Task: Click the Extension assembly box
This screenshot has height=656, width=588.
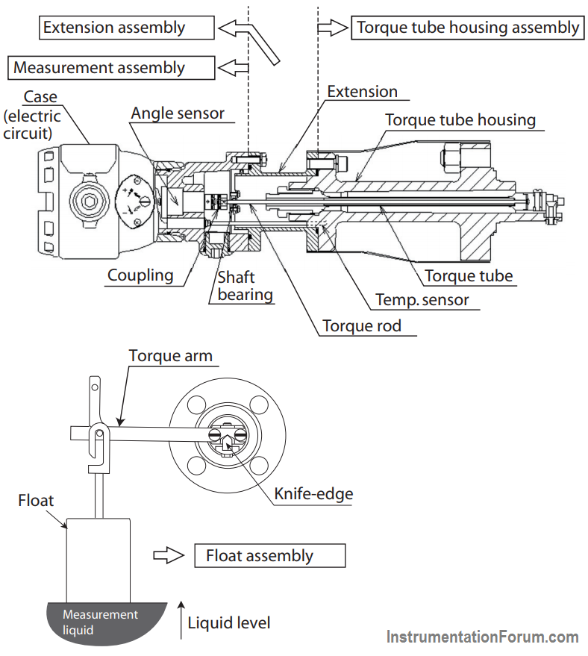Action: [127, 28]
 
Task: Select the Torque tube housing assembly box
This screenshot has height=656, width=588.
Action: [468, 28]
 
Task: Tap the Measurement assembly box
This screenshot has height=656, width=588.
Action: [111, 68]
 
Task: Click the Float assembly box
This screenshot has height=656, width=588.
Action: [270, 555]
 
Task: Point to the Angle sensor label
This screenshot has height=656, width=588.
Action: [178, 113]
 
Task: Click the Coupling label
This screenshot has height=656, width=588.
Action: [140, 275]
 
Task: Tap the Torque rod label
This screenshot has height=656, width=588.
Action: [362, 326]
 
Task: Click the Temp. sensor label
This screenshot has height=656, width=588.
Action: [422, 300]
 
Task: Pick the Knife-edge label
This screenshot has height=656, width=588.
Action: [313, 493]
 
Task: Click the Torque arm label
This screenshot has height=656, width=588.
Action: [171, 355]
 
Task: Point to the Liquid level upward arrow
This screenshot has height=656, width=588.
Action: [181, 620]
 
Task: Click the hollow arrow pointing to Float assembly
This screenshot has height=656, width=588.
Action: [169, 555]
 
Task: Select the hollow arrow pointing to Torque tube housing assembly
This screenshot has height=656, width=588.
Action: [333, 28]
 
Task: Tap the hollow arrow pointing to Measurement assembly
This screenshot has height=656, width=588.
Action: [234, 68]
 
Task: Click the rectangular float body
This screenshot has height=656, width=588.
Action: [98, 560]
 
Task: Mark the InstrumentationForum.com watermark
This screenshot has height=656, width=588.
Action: [483, 637]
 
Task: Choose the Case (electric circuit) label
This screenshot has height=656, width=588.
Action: [32, 115]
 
